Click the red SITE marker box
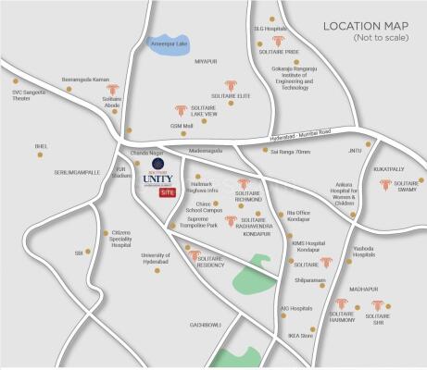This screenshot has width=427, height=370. pos(167,192)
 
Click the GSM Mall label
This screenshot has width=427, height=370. pos(155,125)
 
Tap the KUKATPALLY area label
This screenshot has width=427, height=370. pos(391,170)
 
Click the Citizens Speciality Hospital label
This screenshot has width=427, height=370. pos(120,239)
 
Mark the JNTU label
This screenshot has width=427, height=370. pos(355,149)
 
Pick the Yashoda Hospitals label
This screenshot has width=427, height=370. pos(364,254)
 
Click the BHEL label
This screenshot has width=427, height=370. pos(41,145)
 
